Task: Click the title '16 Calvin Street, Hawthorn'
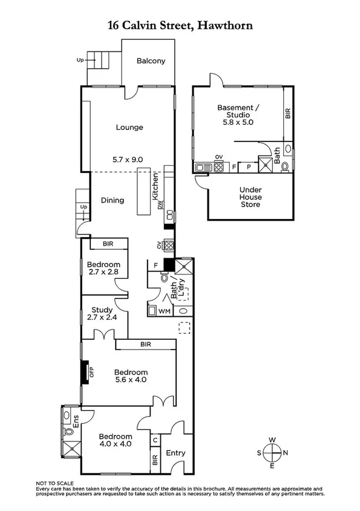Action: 180,25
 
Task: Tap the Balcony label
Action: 151,61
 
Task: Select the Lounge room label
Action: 130,128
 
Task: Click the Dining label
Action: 112,201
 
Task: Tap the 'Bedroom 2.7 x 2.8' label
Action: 103,269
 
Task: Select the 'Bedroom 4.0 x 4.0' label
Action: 116,440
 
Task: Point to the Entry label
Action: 175,453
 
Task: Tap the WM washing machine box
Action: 164,311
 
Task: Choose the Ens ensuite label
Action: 76,421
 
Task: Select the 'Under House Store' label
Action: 250,197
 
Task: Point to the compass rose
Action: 274,452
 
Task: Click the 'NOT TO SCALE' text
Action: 55,484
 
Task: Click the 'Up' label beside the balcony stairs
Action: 80,60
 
